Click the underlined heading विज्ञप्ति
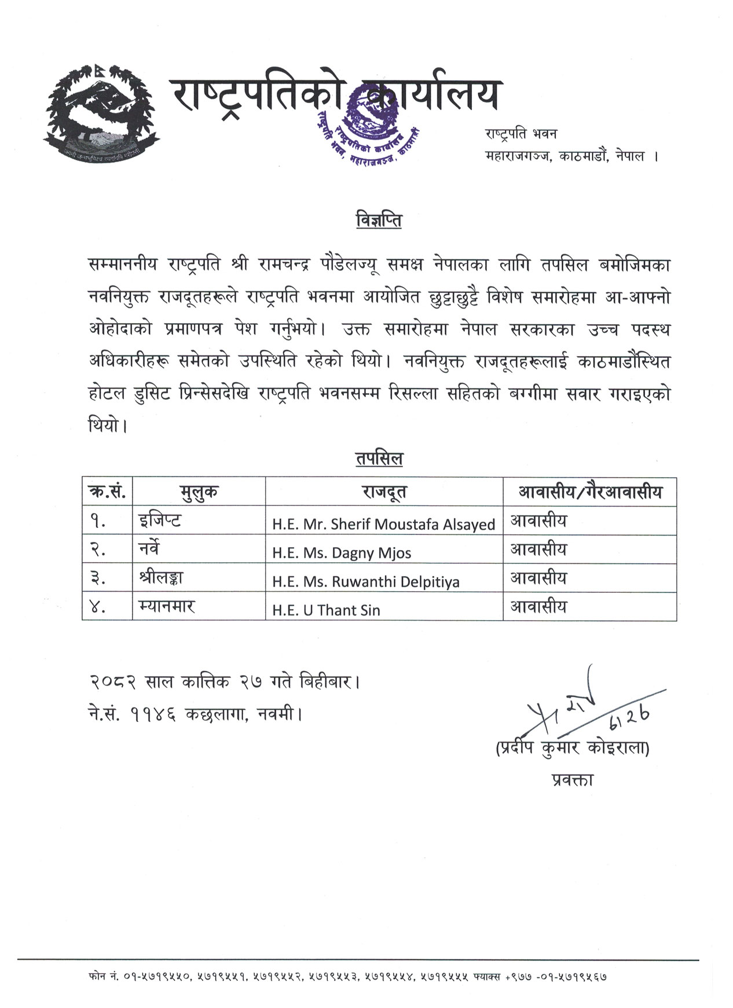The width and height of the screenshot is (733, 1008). coord(379,221)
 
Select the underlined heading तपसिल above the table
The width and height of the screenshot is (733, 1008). coord(379,459)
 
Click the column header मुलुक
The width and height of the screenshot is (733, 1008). coord(199,492)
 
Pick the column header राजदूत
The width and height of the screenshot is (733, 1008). coord(384,492)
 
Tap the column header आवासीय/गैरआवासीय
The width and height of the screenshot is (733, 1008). coord(589,492)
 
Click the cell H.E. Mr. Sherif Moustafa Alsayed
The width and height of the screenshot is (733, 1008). coord(384,524)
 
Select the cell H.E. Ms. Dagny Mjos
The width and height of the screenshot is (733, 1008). coord(342,553)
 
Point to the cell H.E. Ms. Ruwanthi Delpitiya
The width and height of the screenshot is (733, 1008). coord(366,581)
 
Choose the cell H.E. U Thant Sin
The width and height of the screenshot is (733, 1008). coord(326,610)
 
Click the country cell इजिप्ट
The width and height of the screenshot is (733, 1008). coord(160,521)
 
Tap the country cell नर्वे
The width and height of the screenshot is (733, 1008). coord(149,549)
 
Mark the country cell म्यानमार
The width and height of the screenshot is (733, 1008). coord(167,606)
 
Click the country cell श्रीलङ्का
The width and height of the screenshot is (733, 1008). coord(162,577)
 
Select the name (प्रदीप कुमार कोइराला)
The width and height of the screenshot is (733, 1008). coord(572,749)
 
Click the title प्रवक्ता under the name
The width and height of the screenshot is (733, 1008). coord(572,780)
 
